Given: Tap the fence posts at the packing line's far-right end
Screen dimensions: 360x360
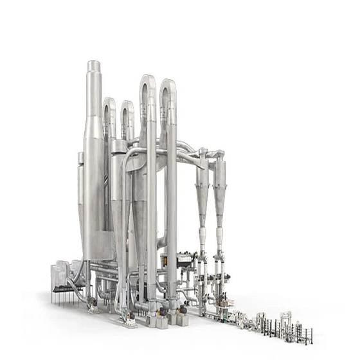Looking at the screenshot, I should [308, 334].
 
